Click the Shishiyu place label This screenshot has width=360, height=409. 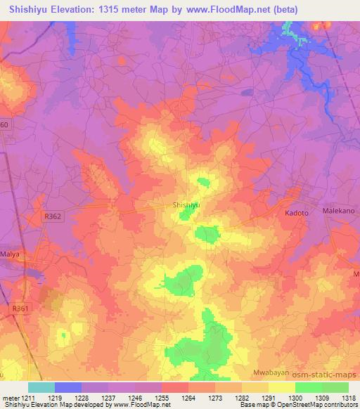(187, 204)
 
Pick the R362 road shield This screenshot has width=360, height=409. (60, 218)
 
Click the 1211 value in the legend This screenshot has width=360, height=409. (27, 398)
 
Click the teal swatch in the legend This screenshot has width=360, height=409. (41, 387)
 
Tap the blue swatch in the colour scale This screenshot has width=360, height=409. (68, 387)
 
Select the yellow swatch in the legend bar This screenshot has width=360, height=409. (282, 387)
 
